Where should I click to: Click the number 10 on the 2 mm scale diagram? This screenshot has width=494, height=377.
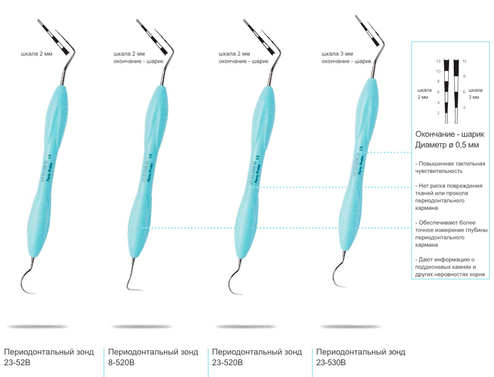tap(438, 71)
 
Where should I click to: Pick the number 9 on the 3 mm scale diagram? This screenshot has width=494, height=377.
tap(464, 76)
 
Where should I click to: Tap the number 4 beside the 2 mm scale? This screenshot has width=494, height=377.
tap(439, 102)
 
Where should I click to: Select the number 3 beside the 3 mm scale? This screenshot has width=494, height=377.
tap(464, 107)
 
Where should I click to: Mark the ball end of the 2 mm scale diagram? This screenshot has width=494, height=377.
tap(446, 121)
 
